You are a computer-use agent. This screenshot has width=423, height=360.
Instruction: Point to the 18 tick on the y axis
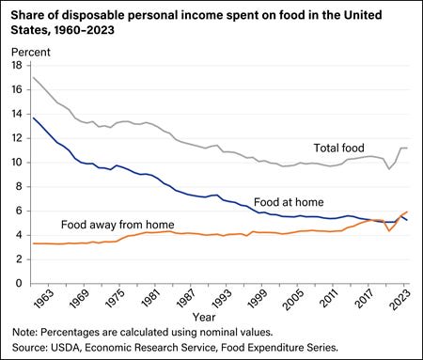(15, 65)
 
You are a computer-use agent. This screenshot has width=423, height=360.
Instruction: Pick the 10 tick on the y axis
(15, 162)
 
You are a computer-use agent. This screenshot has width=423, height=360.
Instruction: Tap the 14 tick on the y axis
(15, 114)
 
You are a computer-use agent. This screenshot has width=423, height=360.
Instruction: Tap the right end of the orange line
(407, 211)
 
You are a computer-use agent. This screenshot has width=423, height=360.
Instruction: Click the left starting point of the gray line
(33, 76)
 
